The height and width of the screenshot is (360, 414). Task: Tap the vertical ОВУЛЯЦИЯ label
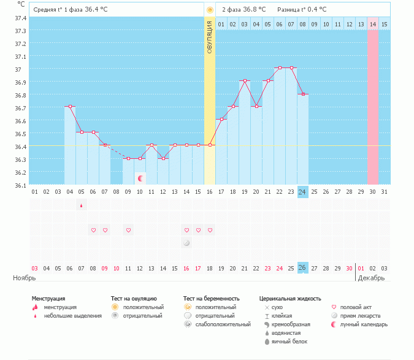(x=210, y=36)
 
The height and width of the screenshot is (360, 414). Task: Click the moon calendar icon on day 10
(x=140, y=178)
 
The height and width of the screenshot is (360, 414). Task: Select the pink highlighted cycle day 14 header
(x=373, y=24)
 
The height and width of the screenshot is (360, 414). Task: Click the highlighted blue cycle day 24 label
(x=302, y=192)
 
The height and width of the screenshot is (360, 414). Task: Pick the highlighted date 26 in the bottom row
(x=302, y=268)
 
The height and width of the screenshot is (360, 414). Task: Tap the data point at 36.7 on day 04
(x=70, y=107)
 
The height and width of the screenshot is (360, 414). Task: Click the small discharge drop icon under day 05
(x=81, y=205)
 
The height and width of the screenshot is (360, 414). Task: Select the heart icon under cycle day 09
(x=128, y=231)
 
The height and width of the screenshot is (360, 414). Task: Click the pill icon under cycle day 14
(x=186, y=243)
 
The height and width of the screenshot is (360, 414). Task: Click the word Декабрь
(x=372, y=278)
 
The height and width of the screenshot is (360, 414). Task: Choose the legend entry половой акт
(x=355, y=307)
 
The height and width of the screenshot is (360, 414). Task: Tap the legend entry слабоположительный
(x=214, y=324)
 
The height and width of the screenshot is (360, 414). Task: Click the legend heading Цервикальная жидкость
(x=290, y=298)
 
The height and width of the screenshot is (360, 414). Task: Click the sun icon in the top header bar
(x=210, y=10)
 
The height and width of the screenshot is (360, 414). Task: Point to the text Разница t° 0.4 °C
(x=302, y=10)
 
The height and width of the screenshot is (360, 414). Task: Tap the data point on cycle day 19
(x=244, y=81)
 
